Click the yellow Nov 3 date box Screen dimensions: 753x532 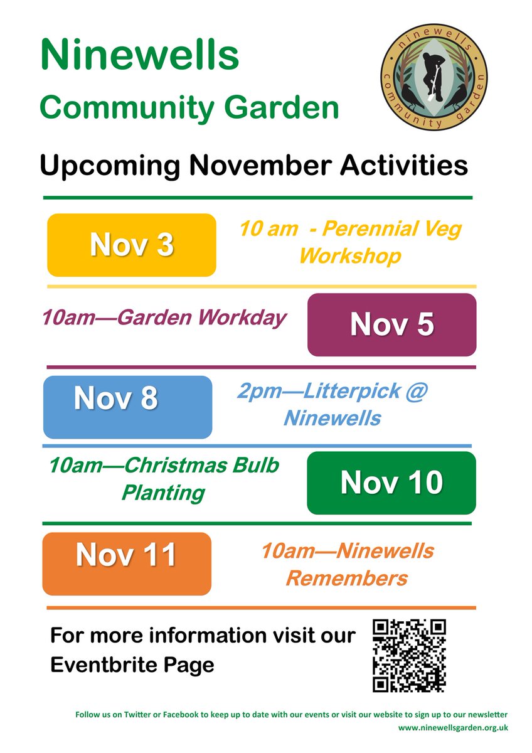pyautogui.click(x=132, y=245)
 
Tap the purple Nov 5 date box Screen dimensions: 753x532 pyautogui.click(x=391, y=324)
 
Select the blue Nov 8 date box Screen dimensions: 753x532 pyautogui.click(x=127, y=407)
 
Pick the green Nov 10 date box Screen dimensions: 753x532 pyautogui.click(x=391, y=483)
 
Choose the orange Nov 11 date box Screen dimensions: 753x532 pyautogui.click(x=127, y=563)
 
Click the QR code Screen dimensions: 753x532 pyautogui.click(x=409, y=655)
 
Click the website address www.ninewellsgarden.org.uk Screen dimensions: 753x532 pyautogui.click(x=453, y=728)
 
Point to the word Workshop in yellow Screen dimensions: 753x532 pyautogui.click(x=350, y=257)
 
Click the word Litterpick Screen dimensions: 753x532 pyautogui.click(x=352, y=392)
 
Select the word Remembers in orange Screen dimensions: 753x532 pyautogui.click(x=346, y=578)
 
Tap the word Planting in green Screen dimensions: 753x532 pyautogui.click(x=163, y=493)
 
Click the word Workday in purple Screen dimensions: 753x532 pyautogui.click(x=242, y=318)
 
